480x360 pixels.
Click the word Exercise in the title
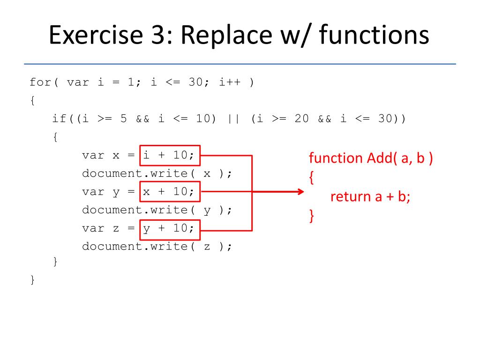(x=89, y=36)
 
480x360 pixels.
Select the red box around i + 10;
(x=170, y=155)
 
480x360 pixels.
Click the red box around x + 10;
(x=170, y=192)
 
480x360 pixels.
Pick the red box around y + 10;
(x=170, y=228)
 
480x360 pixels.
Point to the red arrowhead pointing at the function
(x=300, y=192)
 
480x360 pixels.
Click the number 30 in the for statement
(x=195, y=82)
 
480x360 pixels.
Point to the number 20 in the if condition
(x=301, y=119)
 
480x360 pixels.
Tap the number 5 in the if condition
(x=124, y=119)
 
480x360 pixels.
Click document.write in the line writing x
(x=135, y=173)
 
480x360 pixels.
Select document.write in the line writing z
(x=135, y=247)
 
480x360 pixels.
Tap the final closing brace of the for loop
(x=32, y=280)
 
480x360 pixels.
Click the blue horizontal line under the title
(x=240, y=64)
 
